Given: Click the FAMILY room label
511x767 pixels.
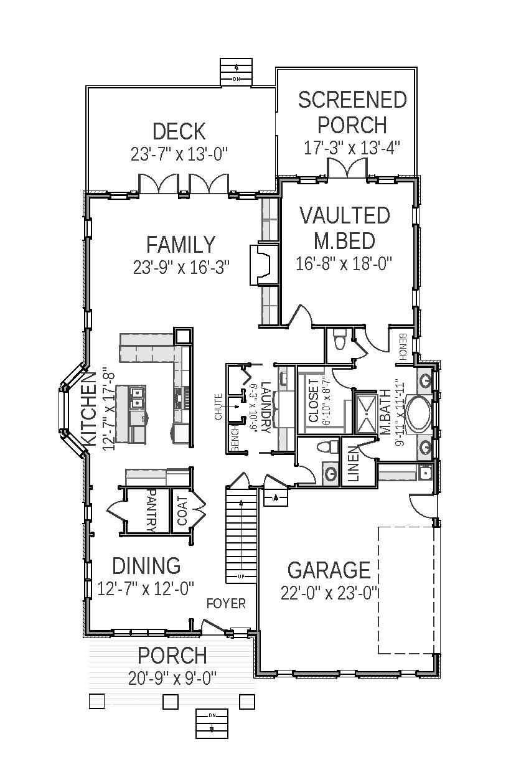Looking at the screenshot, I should click(x=180, y=244).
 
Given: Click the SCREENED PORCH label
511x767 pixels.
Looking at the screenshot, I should click(x=352, y=112).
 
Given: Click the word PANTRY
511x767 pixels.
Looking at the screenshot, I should click(x=150, y=510).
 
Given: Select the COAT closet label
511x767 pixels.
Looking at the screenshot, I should click(x=182, y=511).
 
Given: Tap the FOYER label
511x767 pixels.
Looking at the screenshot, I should click(x=226, y=603).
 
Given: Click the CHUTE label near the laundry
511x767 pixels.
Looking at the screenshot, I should click(x=218, y=407).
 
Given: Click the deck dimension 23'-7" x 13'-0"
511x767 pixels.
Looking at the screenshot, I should click(x=179, y=154).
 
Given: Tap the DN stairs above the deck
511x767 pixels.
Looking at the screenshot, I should click(x=237, y=73).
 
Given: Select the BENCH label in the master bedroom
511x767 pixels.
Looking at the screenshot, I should click(x=403, y=346).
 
